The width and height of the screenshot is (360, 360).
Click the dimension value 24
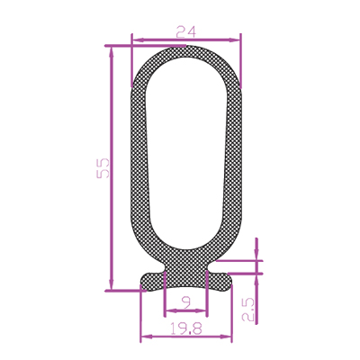pos(186,31)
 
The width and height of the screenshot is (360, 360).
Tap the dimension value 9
pos(186,304)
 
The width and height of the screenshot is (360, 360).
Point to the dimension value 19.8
pos(186,328)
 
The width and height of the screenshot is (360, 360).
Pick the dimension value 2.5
pos(248,310)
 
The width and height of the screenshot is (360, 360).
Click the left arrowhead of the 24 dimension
pos(137,40)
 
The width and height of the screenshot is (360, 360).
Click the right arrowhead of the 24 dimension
pos(235,40)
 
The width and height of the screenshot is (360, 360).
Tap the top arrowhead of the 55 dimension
pos(112,52)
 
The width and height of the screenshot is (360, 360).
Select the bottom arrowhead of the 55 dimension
pos(112,284)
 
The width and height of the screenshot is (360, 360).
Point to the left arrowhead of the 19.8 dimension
pos(146,337)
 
